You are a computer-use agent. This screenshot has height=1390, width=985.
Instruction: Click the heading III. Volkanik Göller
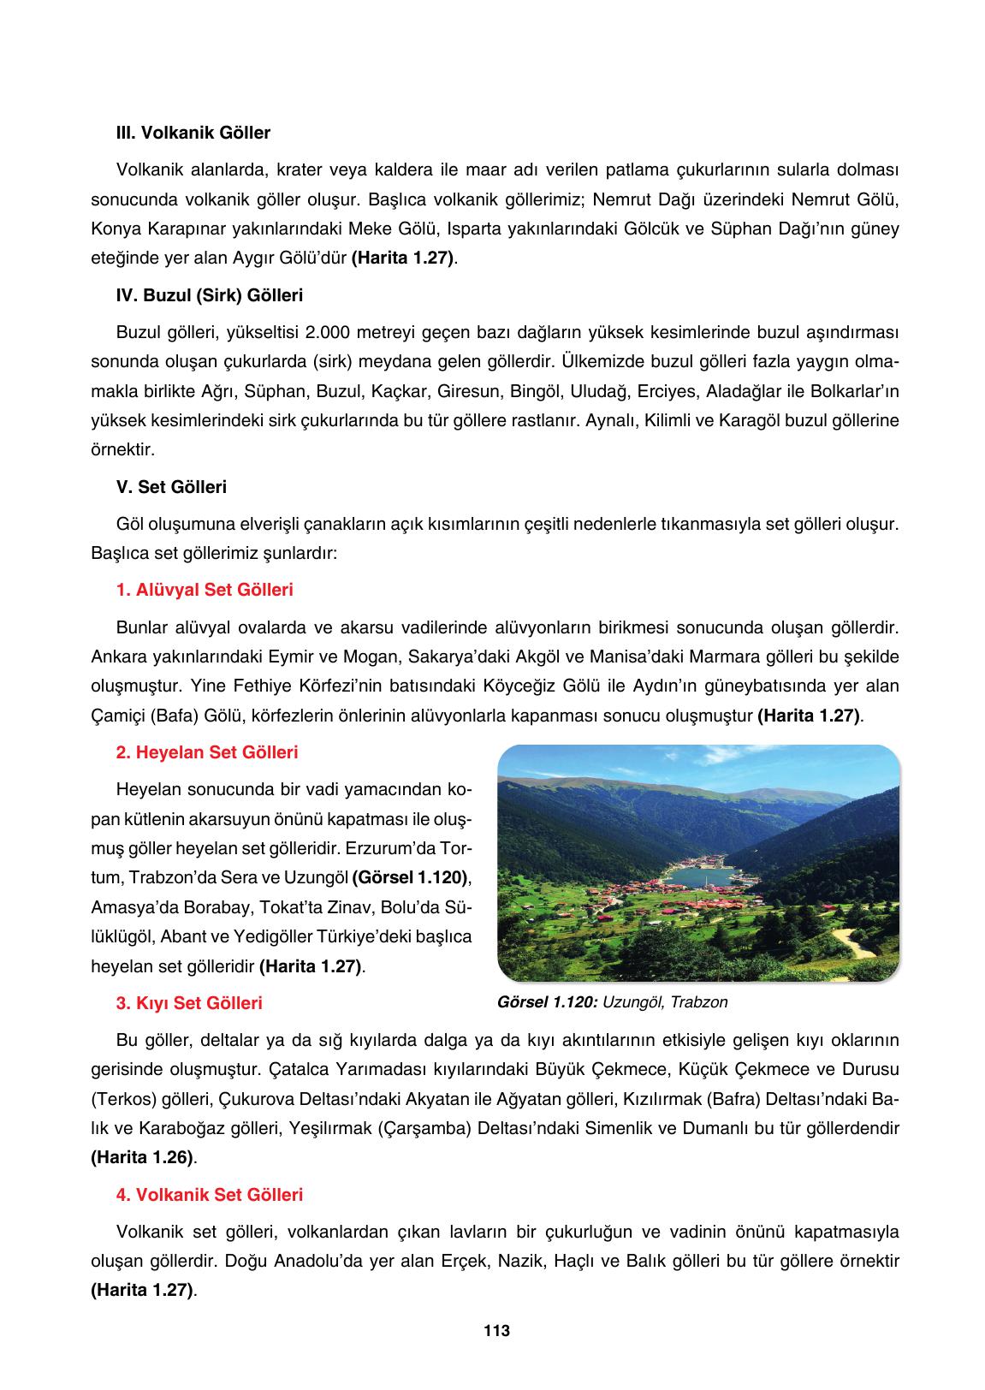[193, 133]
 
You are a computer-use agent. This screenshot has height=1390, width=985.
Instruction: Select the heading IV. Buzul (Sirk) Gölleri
[209, 295]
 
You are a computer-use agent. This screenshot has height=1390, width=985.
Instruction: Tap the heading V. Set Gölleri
[171, 487]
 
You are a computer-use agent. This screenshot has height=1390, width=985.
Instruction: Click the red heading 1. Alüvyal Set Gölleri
[204, 590]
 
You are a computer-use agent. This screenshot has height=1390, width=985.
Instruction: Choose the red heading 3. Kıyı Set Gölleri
[188, 1002]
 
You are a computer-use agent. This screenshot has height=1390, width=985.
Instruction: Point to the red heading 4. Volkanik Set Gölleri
[209, 1194]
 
